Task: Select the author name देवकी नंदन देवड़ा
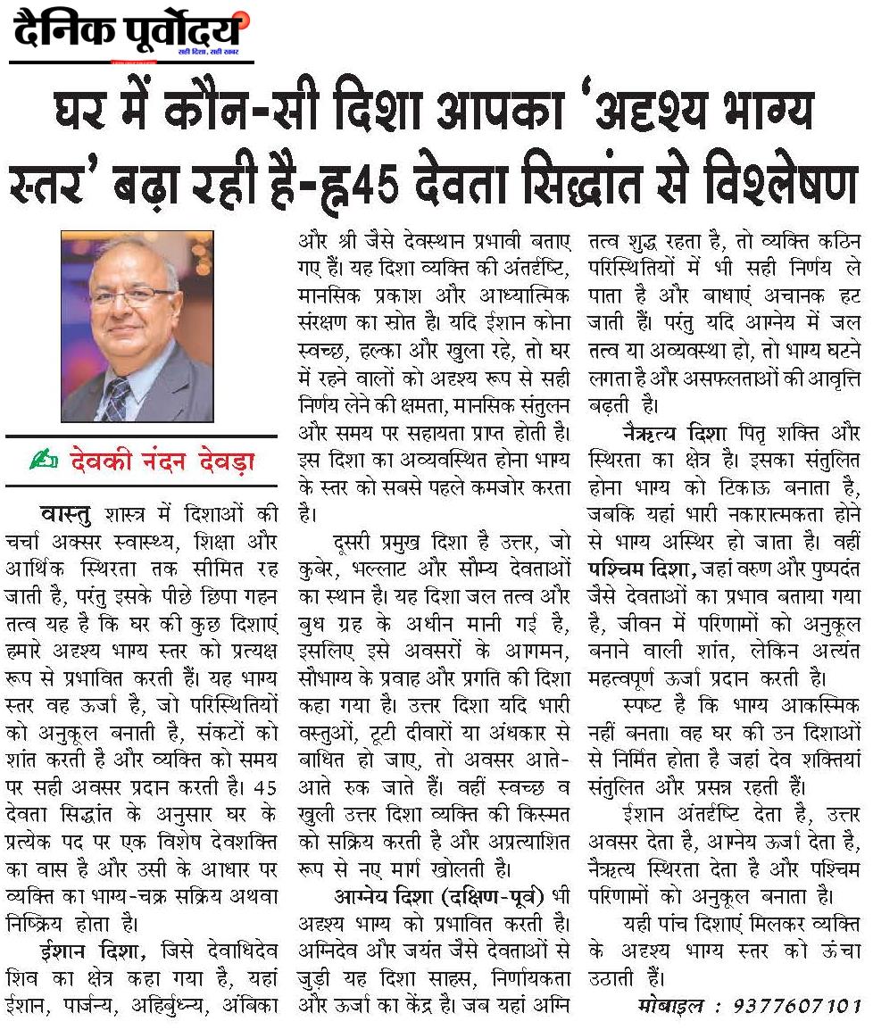click(x=160, y=461)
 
